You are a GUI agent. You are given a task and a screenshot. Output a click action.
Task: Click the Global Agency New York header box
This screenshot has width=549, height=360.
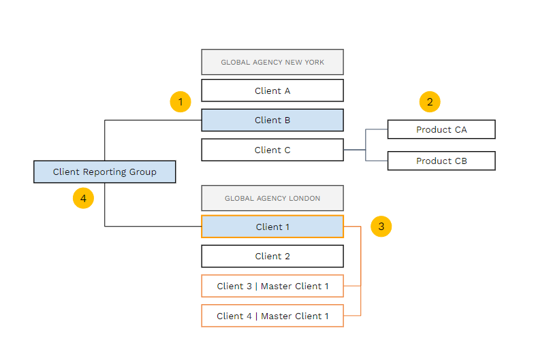pos(272,62)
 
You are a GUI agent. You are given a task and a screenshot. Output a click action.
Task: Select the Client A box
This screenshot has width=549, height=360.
pos(272,91)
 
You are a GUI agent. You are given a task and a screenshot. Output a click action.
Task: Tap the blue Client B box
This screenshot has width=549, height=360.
pos(272,120)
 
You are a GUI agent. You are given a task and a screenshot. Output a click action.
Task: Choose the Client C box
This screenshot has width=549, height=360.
pos(272,150)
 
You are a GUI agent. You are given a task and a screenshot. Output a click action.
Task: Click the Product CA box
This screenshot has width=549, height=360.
pos(441,129)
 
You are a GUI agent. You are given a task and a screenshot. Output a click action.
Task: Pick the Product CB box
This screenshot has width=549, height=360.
pos(441,161)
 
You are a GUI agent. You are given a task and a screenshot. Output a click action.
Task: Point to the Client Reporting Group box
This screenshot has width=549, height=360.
pos(105,171)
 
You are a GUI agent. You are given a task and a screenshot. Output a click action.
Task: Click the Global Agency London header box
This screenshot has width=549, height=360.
pos(272,198)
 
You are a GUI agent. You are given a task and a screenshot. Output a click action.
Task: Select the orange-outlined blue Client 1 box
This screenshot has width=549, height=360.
pos(272,227)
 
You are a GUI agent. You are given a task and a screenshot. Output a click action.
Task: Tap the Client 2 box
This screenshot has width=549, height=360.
pos(272,256)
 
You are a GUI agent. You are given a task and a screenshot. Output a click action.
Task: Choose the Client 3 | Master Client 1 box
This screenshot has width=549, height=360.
pos(272,286)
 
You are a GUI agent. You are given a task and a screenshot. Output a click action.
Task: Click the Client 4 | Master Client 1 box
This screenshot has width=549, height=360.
pos(272,316)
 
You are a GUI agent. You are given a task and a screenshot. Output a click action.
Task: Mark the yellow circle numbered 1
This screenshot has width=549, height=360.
pos(181,102)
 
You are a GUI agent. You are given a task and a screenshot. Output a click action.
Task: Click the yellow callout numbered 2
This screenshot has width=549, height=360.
pos(430,102)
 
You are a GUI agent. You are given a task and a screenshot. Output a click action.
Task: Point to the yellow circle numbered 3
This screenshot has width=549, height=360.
pos(381,227)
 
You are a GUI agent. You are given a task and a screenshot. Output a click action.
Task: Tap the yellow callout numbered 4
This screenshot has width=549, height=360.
pos(83,198)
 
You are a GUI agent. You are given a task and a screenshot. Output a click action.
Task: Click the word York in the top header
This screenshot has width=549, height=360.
pos(315,63)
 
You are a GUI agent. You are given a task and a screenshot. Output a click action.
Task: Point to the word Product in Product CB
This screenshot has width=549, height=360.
pos(434,161)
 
